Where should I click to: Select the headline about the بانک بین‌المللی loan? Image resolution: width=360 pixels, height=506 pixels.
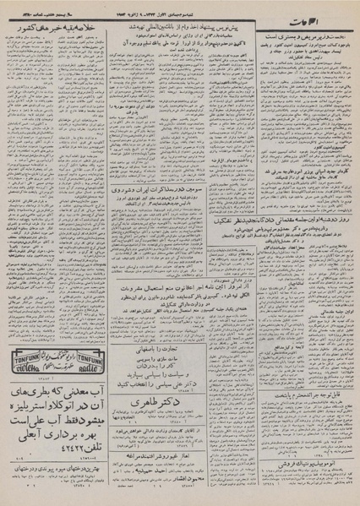click(x=177, y=28)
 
